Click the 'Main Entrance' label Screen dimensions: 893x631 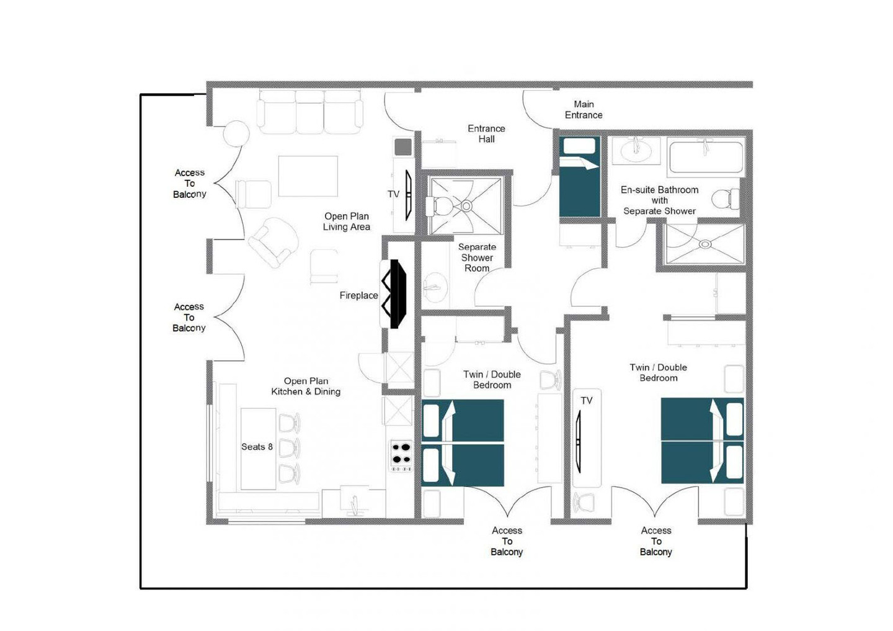click(583, 110)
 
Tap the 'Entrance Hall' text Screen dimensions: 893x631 click(486, 134)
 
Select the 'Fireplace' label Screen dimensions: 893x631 click(358, 295)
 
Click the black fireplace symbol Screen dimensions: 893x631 click(394, 294)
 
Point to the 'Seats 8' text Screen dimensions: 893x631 click(257, 447)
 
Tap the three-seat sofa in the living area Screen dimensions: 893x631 click(310, 112)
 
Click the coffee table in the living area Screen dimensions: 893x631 click(308, 176)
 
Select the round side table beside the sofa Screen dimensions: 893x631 click(236, 135)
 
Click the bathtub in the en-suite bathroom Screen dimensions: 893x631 click(706, 157)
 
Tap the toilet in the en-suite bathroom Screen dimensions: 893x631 click(726, 199)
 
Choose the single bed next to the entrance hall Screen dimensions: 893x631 click(580, 177)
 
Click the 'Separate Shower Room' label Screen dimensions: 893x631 click(477, 257)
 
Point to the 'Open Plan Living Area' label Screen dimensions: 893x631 click(347, 222)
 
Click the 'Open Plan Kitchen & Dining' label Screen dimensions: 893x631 click(306, 387)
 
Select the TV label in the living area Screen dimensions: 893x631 click(393, 194)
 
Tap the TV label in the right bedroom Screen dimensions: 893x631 click(587, 400)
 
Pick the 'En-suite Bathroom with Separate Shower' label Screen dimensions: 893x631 click(659, 200)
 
